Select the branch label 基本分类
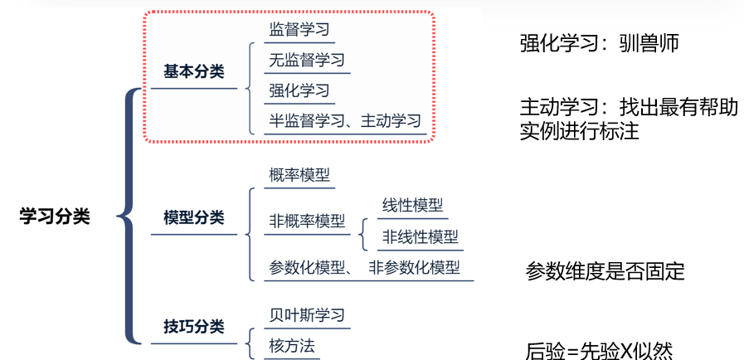coord(193,72)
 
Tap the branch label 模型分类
coord(193,218)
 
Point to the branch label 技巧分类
coord(193,327)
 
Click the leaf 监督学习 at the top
coord(299,30)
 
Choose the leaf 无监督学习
coord(306,60)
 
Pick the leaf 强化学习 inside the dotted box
coord(299,90)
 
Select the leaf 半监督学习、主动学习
coord(345,121)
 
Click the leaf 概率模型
coord(299,175)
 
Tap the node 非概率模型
coord(306,221)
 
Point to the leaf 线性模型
coord(412,206)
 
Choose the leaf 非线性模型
coord(420,236)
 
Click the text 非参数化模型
coord(414,268)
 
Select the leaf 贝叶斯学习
coord(306,314)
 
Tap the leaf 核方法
coord(292,344)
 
